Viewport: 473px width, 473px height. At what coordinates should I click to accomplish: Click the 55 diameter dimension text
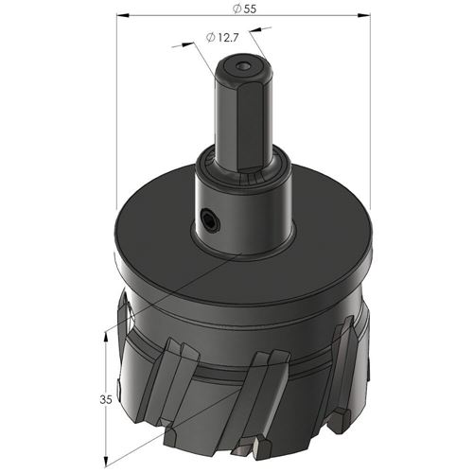click(245, 9)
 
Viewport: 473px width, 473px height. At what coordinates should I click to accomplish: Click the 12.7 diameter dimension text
click(222, 38)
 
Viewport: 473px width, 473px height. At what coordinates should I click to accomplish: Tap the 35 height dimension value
click(106, 400)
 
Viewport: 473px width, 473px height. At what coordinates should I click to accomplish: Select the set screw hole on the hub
click(210, 219)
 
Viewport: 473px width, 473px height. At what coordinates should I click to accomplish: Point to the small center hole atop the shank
click(244, 66)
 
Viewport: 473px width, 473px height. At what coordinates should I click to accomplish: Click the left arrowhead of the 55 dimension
click(123, 15)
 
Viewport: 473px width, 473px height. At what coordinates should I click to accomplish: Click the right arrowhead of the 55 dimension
click(364, 15)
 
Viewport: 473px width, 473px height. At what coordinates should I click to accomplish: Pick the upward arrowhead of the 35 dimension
click(106, 339)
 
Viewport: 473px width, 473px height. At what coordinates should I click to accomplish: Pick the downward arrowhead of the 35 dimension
click(106, 460)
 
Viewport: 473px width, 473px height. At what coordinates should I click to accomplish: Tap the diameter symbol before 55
click(237, 9)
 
